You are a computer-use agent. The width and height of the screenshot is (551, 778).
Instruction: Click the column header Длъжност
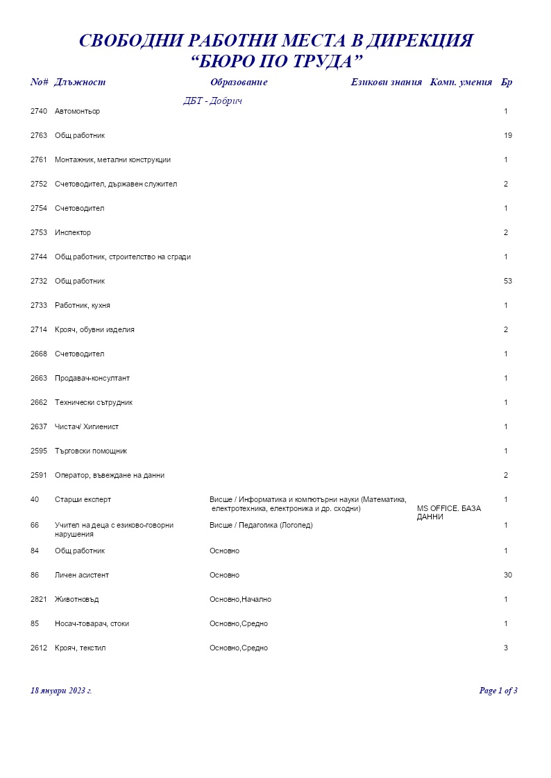pos(80,83)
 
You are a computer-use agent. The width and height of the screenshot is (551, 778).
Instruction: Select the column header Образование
pos(239,83)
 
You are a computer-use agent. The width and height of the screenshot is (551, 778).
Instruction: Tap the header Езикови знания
pos(386,83)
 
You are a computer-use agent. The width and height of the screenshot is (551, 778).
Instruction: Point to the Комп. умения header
pos(461,83)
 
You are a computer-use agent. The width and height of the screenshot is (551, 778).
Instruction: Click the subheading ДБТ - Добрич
pos(212,101)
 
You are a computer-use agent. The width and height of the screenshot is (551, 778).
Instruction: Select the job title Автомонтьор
pos(77,111)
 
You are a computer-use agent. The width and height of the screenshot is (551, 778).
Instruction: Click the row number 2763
pos(39,135)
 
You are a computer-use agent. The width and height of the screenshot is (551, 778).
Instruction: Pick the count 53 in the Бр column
pos(508,281)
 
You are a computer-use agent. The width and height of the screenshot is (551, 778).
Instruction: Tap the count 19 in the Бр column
pos(508,135)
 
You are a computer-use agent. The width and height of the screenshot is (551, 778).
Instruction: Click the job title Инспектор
pos(73,232)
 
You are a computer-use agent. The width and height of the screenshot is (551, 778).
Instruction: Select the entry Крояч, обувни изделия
pos(94,329)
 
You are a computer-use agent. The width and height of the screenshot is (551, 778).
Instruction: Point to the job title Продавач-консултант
pos(92,378)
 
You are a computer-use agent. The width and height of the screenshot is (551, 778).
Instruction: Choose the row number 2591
pos(39,475)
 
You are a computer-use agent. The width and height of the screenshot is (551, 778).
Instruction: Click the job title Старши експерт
pos(83,499)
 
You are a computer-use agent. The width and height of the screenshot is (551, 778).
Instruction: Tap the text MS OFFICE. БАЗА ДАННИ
pos(448,512)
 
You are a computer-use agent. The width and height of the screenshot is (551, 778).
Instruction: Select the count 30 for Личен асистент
pos(508,575)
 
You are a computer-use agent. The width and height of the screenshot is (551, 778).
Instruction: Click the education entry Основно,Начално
pos(240,599)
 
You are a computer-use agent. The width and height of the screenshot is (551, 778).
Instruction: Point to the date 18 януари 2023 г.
pos(61,691)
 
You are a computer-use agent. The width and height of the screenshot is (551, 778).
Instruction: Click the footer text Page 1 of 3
pos(498,691)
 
